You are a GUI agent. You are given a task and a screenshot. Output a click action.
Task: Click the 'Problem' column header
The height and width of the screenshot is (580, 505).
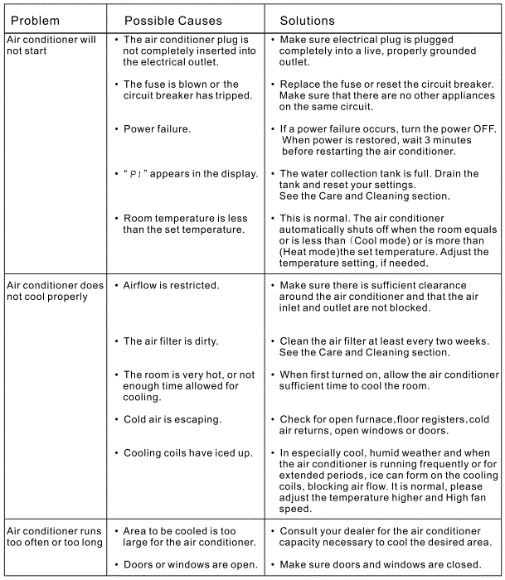(x=35, y=20)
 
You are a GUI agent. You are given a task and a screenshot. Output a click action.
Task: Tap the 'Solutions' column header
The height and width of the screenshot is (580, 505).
(x=308, y=20)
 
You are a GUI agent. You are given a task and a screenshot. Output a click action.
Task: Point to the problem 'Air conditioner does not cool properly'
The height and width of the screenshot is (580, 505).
(x=55, y=291)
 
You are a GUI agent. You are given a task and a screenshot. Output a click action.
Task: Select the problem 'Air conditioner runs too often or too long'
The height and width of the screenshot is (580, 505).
(x=54, y=536)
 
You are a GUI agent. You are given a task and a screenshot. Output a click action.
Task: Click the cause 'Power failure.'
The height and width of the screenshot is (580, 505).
(x=157, y=128)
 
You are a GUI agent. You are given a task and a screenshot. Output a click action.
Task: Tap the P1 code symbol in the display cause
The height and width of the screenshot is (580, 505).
(x=136, y=174)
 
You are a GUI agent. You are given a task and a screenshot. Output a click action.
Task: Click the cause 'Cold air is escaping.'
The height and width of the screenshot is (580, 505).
(x=172, y=419)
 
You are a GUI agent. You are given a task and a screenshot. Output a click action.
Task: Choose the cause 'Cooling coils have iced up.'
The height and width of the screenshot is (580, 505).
(x=188, y=452)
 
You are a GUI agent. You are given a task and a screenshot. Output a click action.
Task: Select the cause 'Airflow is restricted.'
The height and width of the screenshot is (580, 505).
(x=171, y=285)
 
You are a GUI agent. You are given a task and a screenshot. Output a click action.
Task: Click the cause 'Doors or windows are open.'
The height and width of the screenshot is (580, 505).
(x=190, y=564)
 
